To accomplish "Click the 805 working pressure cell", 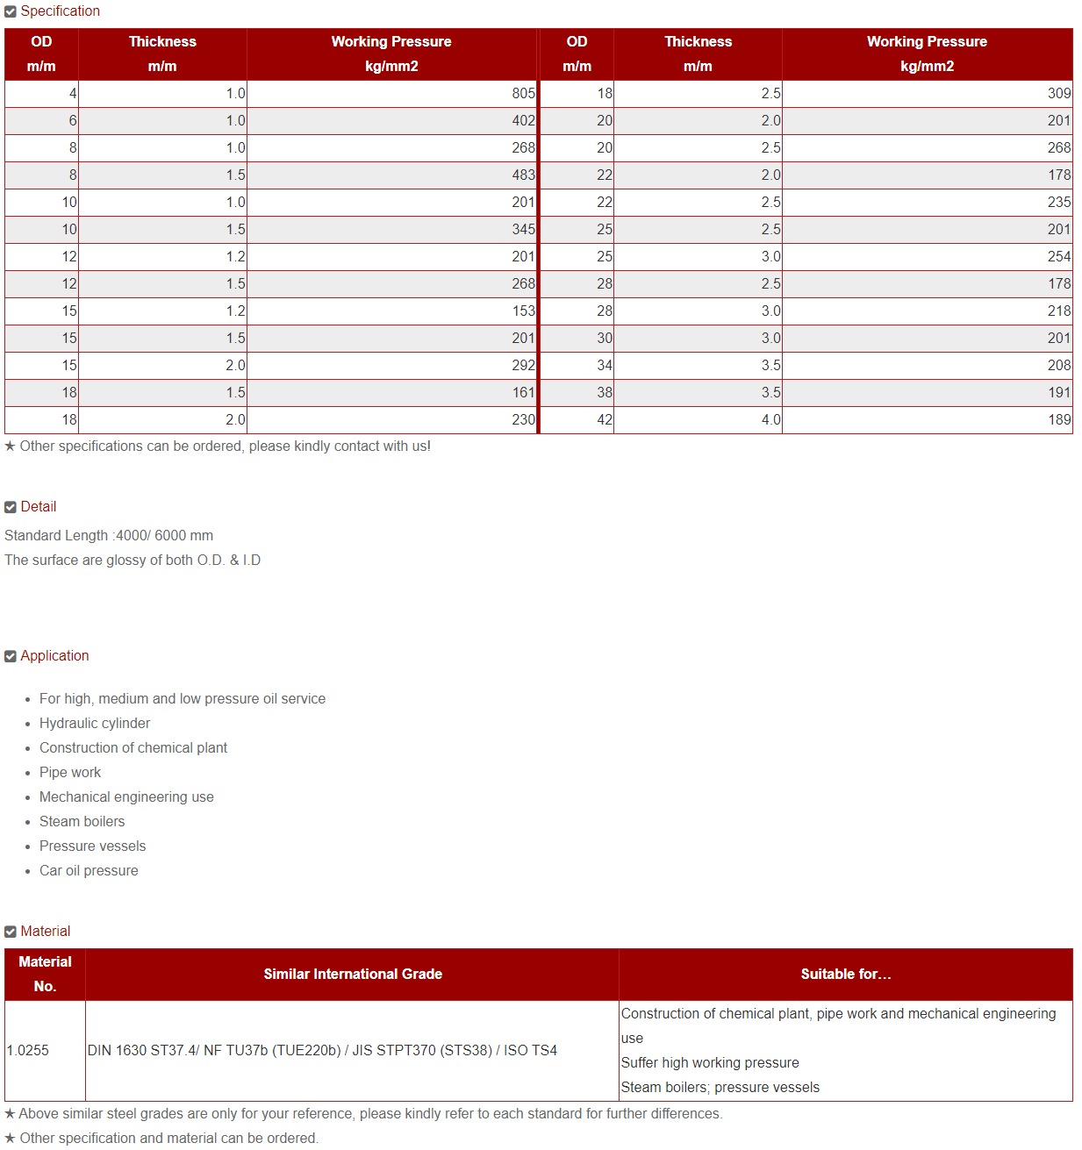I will click(x=523, y=94).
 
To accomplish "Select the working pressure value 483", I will click(x=523, y=175).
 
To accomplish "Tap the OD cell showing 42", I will click(x=605, y=420).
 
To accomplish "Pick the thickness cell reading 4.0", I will click(x=770, y=420).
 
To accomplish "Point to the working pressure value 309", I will click(x=1058, y=94).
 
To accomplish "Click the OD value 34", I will click(x=605, y=366).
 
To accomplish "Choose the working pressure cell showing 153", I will click(x=523, y=311).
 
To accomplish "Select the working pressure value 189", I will click(x=1058, y=420).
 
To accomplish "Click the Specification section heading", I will click(x=60, y=11).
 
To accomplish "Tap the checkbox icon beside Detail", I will click(x=11, y=507).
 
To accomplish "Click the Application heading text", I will click(x=54, y=656).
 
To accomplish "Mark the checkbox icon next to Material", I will click(x=11, y=932).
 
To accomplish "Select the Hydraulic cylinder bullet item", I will click(x=95, y=724).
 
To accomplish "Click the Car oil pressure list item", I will click(x=89, y=871).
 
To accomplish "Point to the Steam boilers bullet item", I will click(x=82, y=822).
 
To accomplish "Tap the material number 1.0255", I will click(x=28, y=1051).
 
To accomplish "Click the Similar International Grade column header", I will click(x=353, y=975).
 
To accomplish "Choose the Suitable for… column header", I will click(x=845, y=975).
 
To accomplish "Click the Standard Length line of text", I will click(x=109, y=536).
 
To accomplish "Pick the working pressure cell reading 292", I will click(x=523, y=366).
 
